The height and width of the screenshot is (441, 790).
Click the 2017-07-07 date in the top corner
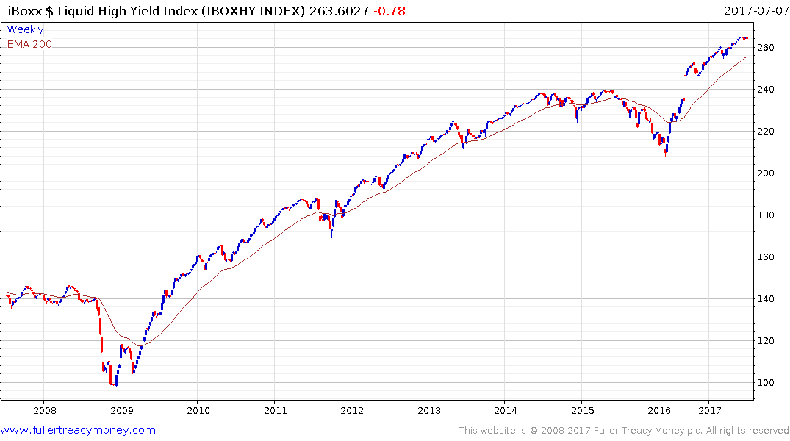click(754, 10)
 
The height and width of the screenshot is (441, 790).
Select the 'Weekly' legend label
click(25, 29)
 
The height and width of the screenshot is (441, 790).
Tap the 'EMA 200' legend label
click(29, 44)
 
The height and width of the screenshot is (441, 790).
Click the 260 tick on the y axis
click(766, 48)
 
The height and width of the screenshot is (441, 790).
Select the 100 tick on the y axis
click(766, 383)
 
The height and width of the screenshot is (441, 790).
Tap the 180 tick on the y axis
click(766, 215)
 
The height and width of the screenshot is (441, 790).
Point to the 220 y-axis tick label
click(766, 132)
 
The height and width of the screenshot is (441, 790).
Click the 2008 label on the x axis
click(44, 409)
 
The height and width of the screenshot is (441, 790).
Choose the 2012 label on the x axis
click(352, 409)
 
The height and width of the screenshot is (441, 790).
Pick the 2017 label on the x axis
click(710, 409)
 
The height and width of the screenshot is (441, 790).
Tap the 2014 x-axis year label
click(506, 409)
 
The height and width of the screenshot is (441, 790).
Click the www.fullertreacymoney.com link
click(78, 430)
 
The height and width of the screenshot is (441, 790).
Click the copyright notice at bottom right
click(624, 431)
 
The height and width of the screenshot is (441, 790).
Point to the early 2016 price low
click(666, 155)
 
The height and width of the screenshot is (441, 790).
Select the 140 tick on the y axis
click(766, 299)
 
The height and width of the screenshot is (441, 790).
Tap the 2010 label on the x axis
click(198, 409)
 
